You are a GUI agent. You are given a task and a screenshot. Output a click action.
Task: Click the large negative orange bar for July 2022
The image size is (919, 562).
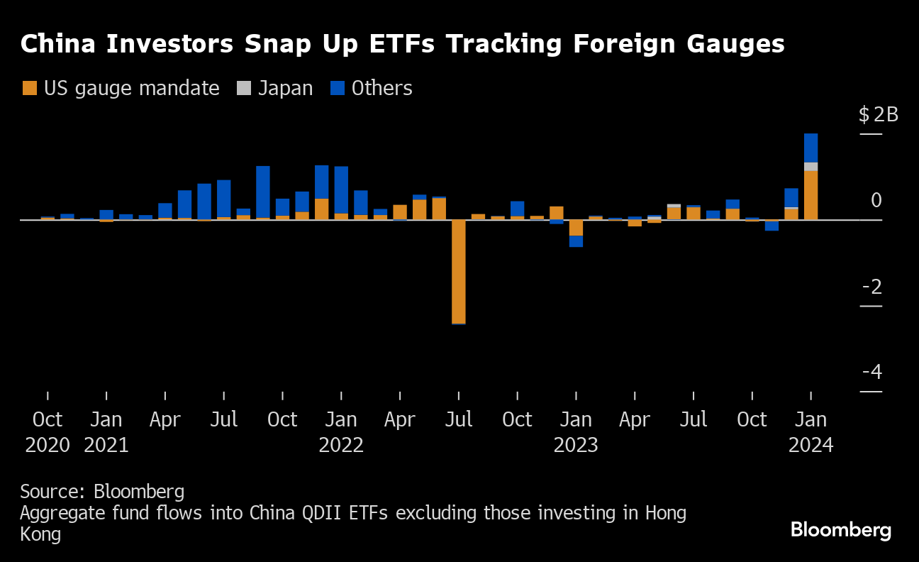pos(459,271)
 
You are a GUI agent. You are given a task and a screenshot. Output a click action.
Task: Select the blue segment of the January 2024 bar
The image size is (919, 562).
pos(811,148)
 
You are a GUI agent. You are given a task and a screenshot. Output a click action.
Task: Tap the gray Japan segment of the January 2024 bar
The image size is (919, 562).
pos(811,167)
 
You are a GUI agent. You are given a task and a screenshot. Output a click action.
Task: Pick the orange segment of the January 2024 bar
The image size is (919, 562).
pos(811,195)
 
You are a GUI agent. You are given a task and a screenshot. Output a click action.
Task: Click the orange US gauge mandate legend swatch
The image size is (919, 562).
pos(30,89)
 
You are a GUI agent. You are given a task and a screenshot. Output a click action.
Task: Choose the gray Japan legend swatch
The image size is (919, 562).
pos(244,89)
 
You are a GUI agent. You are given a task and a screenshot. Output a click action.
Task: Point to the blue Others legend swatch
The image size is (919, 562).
pos(338,89)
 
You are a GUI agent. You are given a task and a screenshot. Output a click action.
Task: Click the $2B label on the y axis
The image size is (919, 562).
pos(878,114)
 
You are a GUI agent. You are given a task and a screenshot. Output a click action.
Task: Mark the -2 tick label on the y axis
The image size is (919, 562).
pos(872,287)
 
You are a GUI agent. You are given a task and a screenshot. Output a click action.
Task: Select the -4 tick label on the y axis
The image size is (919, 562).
pos(872,373)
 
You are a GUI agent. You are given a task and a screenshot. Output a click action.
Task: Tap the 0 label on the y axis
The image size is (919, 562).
pos(876,201)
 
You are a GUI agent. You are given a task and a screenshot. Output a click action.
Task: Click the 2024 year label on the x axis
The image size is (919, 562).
pos(811,446)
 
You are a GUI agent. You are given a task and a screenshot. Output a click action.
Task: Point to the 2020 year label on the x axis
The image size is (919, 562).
pos(48,446)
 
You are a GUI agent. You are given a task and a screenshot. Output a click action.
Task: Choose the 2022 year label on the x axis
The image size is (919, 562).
pos(341,446)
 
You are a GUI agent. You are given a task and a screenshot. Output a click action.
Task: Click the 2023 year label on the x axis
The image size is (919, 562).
pos(576,446)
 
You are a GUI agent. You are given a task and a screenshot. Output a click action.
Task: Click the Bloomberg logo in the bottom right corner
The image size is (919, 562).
pos(840,530)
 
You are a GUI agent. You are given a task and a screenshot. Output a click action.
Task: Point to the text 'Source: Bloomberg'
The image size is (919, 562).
pos(102,491)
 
